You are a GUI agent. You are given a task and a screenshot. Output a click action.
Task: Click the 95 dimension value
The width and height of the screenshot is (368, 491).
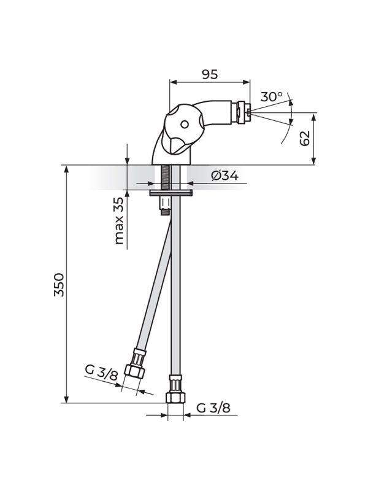click(x=210, y=74)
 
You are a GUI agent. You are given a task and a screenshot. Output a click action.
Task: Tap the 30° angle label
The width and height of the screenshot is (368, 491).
click(x=272, y=97)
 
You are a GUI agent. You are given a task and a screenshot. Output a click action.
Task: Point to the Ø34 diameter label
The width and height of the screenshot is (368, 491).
click(x=224, y=177)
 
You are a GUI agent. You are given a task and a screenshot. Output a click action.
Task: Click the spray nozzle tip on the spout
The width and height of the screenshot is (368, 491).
click(x=248, y=112)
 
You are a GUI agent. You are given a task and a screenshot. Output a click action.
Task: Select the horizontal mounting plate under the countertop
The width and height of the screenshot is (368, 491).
click(x=171, y=193)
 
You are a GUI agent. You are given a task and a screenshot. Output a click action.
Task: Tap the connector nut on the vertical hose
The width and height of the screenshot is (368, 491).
click(x=175, y=390)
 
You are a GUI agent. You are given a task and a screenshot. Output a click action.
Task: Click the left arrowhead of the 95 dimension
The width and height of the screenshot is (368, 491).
click(x=172, y=82)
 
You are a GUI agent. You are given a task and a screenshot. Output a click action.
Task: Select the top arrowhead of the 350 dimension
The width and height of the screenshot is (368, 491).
click(x=64, y=169)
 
